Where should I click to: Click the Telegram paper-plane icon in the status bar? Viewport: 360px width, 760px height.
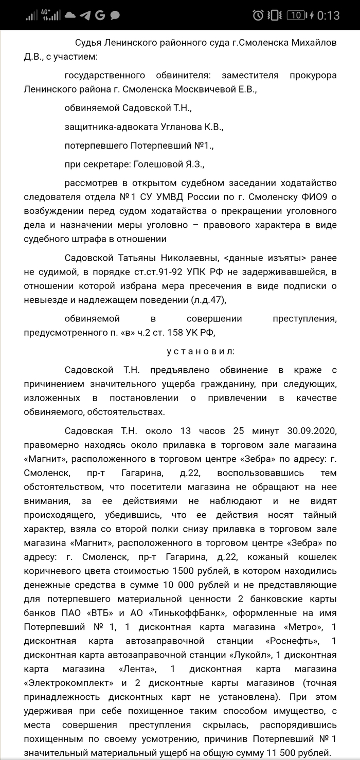(86, 15)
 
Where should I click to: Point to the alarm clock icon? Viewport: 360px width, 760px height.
(258, 15)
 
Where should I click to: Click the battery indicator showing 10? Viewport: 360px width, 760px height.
(296, 15)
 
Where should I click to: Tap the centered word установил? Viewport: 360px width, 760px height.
(201, 352)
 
